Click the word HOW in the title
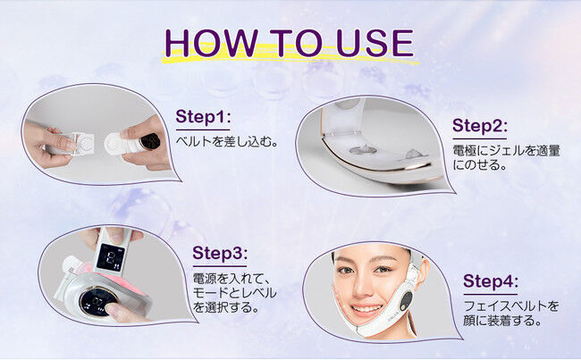(x=211, y=43)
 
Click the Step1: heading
(x=203, y=116)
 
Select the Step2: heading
(x=479, y=126)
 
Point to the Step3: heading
(x=220, y=253)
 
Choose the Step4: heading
(x=491, y=281)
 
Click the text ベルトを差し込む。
(x=227, y=141)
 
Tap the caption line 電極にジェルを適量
(x=506, y=151)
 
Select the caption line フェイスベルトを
(x=511, y=306)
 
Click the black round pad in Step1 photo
(x=151, y=141)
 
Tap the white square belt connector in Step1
(x=85, y=143)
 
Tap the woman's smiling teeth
(x=366, y=308)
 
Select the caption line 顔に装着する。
(x=503, y=321)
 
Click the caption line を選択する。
(x=225, y=307)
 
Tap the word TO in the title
(x=296, y=43)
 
